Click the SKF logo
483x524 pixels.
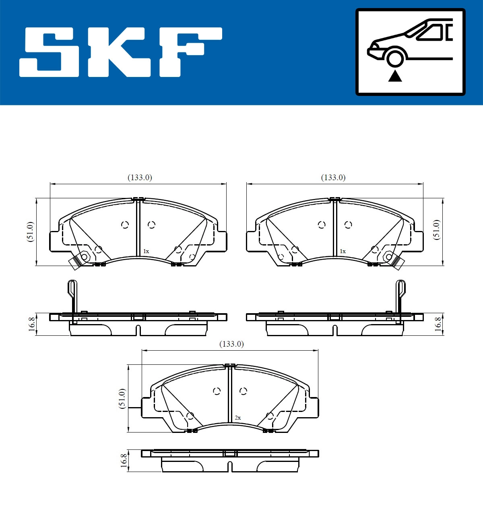(x=121, y=52)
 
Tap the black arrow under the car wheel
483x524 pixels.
(x=395, y=76)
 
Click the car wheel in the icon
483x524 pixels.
(x=395, y=57)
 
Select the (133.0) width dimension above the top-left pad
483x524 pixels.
(x=140, y=177)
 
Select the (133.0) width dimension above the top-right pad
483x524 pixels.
(x=333, y=177)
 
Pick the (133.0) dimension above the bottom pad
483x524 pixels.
(x=231, y=344)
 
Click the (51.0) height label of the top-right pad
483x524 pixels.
(x=437, y=230)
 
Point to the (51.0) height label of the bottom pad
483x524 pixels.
(x=122, y=399)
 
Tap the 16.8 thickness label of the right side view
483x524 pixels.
(x=438, y=324)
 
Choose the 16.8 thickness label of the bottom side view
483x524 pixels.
(x=124, y=461)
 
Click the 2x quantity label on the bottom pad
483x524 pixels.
(x=237, y=418)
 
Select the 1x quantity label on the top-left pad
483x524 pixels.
(x=146, y=251)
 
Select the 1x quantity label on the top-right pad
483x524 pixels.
(x=343, y=251)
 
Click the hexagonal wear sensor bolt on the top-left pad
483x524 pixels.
(x=84, y=257)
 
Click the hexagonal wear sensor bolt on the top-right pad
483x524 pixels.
(x=388, y=256)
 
